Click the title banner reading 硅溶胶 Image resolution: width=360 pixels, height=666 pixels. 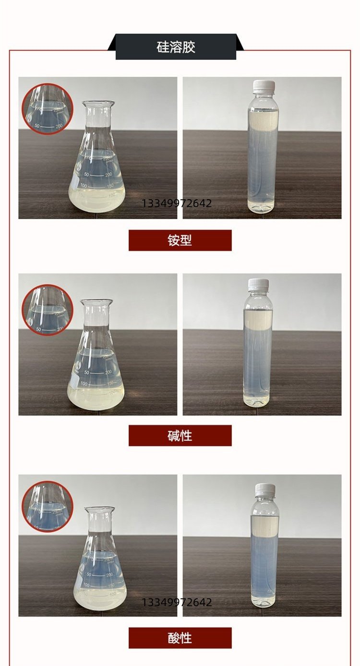(176, 47)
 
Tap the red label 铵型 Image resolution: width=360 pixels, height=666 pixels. (180, 240)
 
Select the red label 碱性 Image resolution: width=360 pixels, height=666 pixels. (180, 436)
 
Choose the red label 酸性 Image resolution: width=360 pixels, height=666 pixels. (180, 638)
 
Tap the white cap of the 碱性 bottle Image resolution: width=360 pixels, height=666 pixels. (259, 284)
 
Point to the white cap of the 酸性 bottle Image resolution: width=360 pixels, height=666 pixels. (265, 489)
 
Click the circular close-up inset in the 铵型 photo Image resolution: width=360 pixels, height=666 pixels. (48, 109)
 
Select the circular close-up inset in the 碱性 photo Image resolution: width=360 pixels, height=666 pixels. (48, 310)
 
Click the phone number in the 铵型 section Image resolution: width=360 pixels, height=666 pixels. (177, 203)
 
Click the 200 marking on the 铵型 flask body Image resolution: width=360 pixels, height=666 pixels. (108, 175)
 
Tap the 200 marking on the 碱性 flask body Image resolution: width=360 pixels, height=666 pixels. (108, 372)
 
